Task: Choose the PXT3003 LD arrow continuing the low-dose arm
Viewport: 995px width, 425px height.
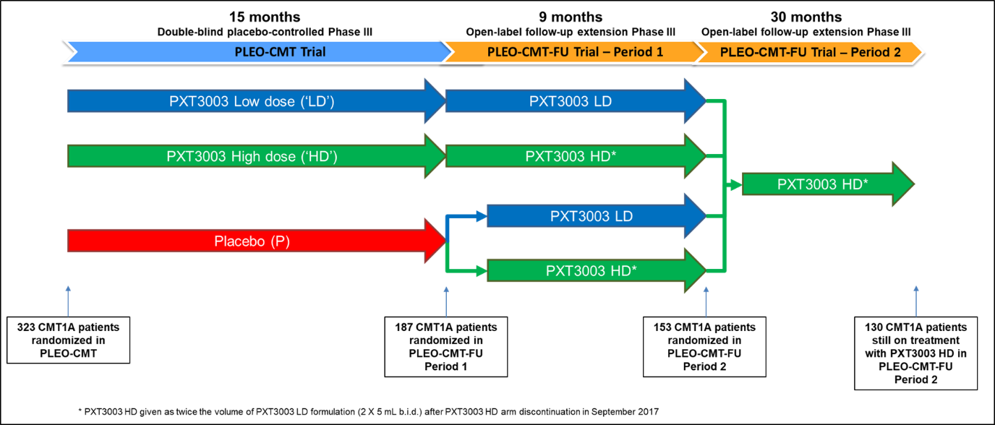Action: pyautogui.click(x=571, y=101)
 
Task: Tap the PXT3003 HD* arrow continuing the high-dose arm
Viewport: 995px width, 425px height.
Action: pyautogui.click(x=571, y=156)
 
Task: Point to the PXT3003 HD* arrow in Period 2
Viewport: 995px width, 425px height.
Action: pyautogui.click(x=824, y=184)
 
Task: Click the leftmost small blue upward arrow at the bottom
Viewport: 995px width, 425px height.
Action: pyautogui.click(x=68, y=301)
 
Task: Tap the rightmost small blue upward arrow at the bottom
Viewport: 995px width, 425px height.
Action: pyautogui.click(x=915, y=301)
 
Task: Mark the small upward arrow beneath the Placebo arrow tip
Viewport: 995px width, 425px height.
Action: pyautogui.click(x=446, y=301)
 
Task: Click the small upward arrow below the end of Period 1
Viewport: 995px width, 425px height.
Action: pyautogui.click(x=706, y=301)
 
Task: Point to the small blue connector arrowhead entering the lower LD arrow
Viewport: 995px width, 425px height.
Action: pyautogui.click(x=481, y=215)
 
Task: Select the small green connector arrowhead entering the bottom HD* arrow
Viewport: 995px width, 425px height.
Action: pyautogui.click(x=481, y=271)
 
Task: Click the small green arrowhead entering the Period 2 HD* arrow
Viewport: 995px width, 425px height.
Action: pyautogui.click(x=736, y=185)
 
